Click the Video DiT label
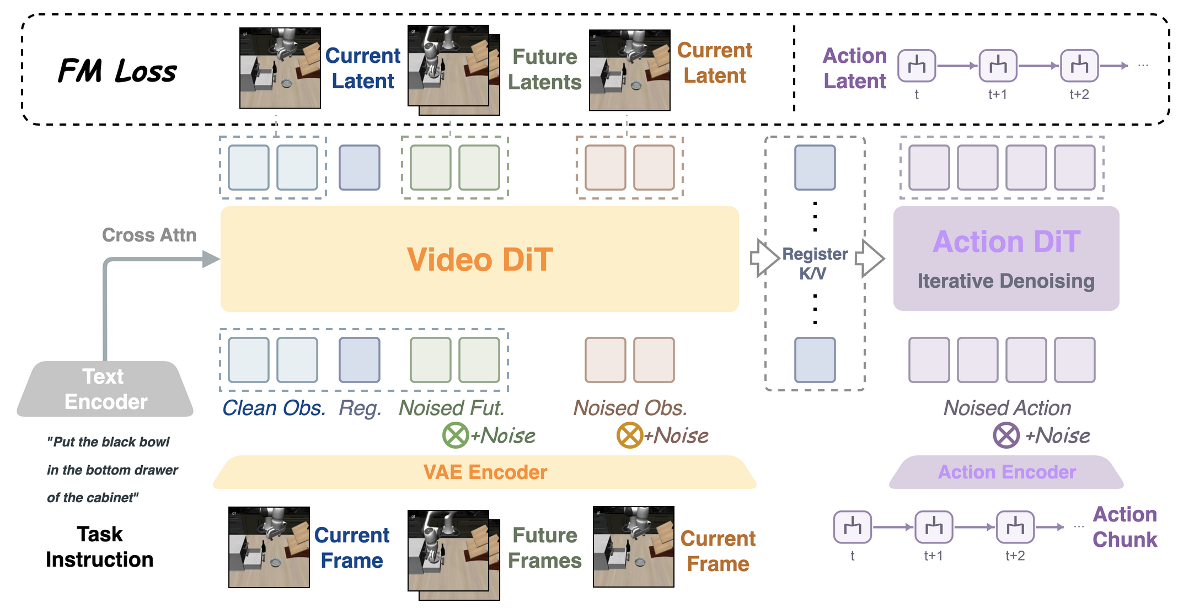480,259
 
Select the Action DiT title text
1006,241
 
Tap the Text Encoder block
105,389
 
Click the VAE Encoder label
485,472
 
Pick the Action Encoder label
1007,472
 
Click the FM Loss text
117,71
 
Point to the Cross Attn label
149,235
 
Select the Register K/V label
815,263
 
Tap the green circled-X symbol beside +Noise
456,435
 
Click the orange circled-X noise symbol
630,435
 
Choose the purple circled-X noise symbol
1006,435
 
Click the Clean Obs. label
274,408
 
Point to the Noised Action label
1007,408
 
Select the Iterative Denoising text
1006,281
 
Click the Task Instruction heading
100,547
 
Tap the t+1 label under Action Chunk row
933,556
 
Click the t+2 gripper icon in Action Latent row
1079,66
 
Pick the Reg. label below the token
360,408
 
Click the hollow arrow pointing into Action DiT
870,257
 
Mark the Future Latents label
545,69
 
